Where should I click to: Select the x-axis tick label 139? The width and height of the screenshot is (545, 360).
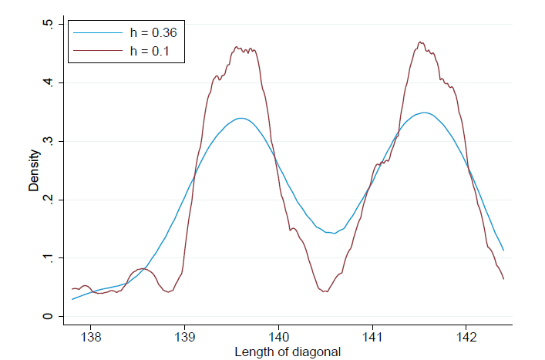point(184,336)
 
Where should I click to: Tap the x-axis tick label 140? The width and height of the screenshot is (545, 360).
point(278,336)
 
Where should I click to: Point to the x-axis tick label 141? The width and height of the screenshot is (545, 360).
point(372,336)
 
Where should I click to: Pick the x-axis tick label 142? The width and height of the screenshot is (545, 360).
point(466,336)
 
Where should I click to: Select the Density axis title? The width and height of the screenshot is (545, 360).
point(34,170)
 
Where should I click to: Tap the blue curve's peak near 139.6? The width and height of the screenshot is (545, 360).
point(242,118)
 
